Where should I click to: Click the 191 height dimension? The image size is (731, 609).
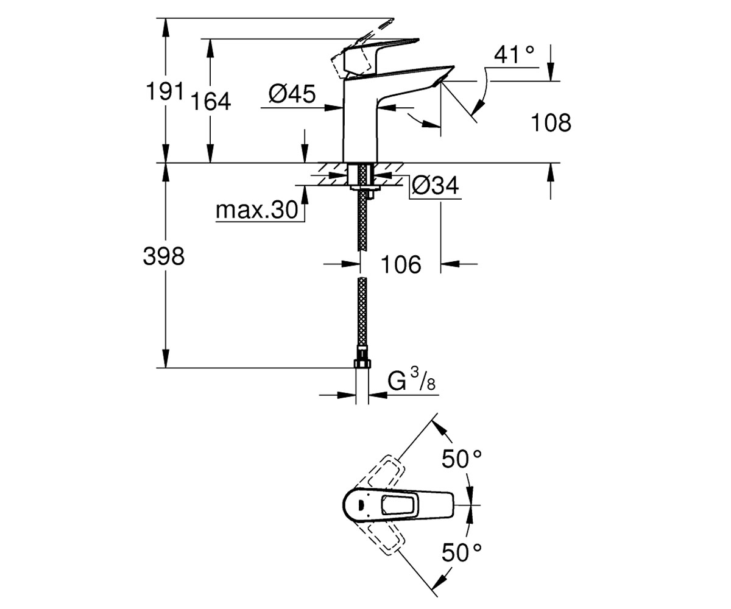click(164, 91)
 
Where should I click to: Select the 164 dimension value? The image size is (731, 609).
click(210, 102)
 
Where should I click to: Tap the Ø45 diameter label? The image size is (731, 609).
click(292, 94)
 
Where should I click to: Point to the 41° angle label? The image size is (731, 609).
click(514, 54)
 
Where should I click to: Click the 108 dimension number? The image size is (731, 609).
click(551, 122)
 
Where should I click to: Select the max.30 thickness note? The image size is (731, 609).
click(257, 210)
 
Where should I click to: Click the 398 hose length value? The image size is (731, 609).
click(163, 256)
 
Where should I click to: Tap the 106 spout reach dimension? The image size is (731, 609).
click(401, 264)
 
